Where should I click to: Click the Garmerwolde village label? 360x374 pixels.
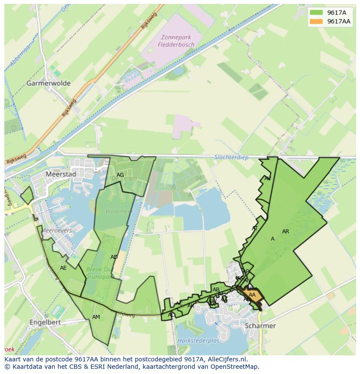48,83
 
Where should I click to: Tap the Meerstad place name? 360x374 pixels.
60,174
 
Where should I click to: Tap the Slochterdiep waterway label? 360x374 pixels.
232,157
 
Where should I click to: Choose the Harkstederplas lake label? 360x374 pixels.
198,341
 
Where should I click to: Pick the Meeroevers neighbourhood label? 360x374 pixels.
57,231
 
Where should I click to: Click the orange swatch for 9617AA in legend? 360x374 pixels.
317,22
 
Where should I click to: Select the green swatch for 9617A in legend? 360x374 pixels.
317,13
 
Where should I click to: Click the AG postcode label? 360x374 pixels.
120,175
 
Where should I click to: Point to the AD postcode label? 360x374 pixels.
114,257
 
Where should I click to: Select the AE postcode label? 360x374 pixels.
63,268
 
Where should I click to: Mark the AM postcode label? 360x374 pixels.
96,317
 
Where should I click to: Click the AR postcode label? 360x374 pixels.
286,232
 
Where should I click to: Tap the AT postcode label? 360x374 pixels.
255,228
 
